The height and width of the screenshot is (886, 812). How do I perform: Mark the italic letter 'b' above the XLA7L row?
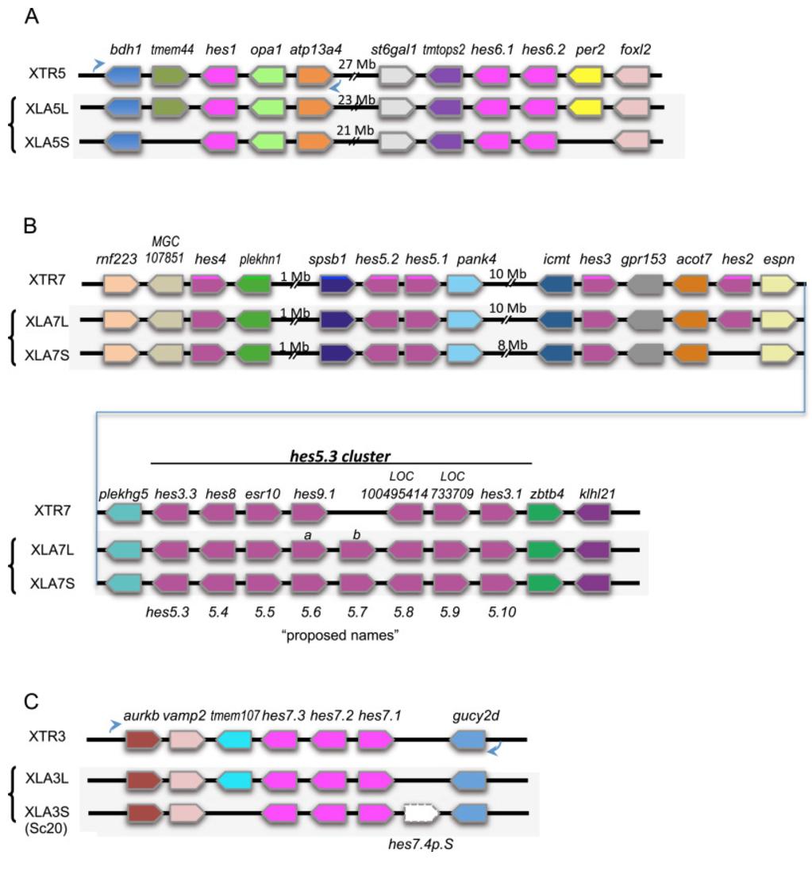pyautogui.click(x=356, y=536)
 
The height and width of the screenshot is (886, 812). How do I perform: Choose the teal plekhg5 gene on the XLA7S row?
pyautogui.click(x=119, y=584)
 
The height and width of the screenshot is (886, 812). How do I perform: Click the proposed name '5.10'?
pyautogui.click(x=497, y=611)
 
